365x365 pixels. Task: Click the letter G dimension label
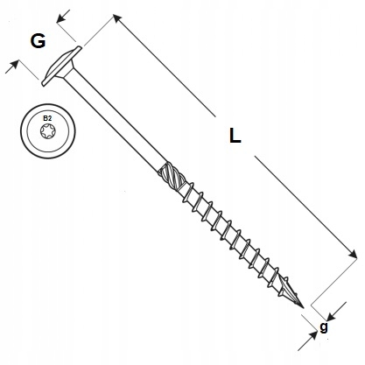coord(38,41)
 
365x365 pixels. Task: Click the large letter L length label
coord(235,136)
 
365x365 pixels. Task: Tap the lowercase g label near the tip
coord(324,327)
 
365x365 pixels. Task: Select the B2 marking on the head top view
coord(47,118)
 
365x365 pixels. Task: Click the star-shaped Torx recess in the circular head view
coord(48,131)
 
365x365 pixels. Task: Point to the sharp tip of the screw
coord(304,308)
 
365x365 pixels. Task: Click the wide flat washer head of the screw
coord(61,66)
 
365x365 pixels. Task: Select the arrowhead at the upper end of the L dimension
coord(117,19)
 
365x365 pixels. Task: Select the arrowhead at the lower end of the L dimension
coord(352,254)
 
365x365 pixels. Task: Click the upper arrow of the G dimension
coord(63,17)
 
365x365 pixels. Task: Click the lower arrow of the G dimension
coord(12,67)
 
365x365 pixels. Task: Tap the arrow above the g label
coord(336,312)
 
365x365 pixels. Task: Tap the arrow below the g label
coord(308,340)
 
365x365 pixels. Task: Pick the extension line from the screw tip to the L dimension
coord(334,282)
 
